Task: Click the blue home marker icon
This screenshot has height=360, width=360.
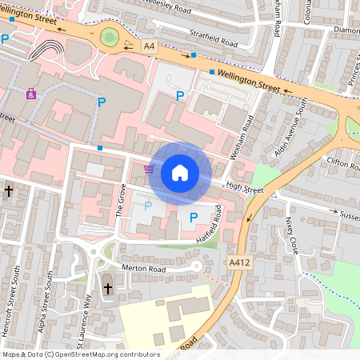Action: click(180, 172)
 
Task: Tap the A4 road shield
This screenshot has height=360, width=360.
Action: click(149, 47)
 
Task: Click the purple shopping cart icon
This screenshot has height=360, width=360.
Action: click(149, 169)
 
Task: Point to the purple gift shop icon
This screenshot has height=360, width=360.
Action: click(31, 94)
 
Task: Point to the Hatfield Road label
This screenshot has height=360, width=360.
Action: click(218, 230)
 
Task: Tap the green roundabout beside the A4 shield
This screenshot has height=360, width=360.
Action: click(110, 36)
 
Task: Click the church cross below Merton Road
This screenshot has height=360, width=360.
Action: click(108, 287)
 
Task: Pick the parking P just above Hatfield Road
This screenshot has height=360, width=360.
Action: click(193, 217)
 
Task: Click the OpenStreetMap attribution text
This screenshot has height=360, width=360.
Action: click(80, 354)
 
